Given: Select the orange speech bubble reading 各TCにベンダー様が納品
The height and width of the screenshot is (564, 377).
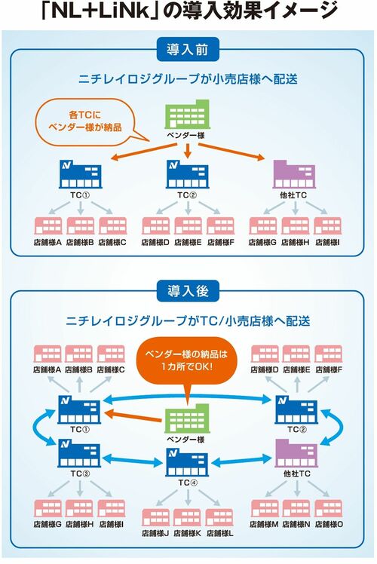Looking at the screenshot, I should [x=81, y=124].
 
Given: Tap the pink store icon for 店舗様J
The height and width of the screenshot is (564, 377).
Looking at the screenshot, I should [x=155, y=518].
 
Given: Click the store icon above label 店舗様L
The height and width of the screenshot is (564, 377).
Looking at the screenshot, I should [x=219, y=518].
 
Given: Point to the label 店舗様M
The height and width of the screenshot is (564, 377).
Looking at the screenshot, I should [x=264, y=524].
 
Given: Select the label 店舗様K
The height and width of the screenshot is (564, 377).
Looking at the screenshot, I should [x=188, y=534].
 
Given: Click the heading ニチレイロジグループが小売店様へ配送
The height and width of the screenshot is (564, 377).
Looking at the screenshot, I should [x=188, y=78].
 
